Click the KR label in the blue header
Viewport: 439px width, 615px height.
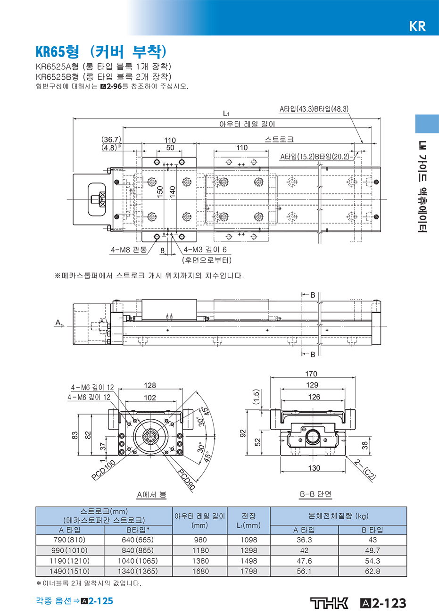click(x=417, y=26)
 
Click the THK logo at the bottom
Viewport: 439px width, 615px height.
click(x=329, y=603)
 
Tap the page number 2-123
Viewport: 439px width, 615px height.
click(x=389, y=603)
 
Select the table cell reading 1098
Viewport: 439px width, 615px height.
click(x=249, y=540)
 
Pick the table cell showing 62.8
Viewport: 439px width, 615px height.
click(x=373, y=571)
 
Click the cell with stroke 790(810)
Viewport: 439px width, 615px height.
click(x=70, y=540)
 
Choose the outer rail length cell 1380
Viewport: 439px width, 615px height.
click(x=200, y=561)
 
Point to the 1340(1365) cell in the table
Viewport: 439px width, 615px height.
click(x=138, y=571)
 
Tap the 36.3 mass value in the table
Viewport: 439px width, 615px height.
click(x=304, y=540)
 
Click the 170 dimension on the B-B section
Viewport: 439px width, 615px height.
click(x=311, y=374)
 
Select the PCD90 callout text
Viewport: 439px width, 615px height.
click(x=186, y=480)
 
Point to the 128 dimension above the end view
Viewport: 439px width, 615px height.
click(x=150, y=385)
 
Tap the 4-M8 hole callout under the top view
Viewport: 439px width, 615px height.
click(x=129, y=250)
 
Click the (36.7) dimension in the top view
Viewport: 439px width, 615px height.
click(x=111, y=140)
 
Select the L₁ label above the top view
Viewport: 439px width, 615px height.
click(x=226, y=113)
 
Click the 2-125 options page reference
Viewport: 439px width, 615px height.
click(x=100, y=601)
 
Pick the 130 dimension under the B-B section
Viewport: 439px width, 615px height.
click(x=314, y=468)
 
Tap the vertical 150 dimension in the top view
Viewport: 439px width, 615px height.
click(x=160, y=192)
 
